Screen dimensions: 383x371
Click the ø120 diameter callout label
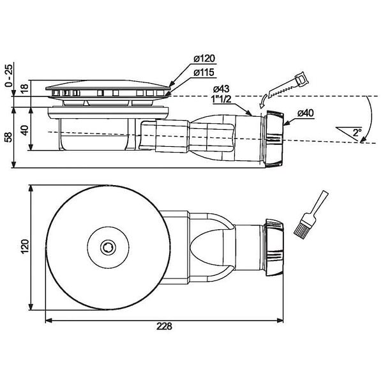tap(204, 59)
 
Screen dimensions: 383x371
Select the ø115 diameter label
tap(204, 73)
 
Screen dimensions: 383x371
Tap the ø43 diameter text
tap(221, 89)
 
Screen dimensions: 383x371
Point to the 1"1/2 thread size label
tap(222, 99)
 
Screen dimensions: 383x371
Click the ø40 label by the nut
tap(306, 113)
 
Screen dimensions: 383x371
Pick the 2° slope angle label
tap(357, 132)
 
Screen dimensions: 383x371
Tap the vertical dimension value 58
tap(8, 137)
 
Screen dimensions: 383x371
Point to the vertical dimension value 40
tap(24, 130)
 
